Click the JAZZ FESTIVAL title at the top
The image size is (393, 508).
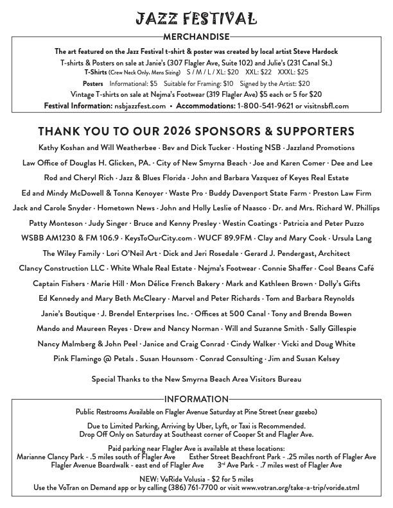point(196,19)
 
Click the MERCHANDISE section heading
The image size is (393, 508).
point(196,37)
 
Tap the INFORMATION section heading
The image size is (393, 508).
point(196,399)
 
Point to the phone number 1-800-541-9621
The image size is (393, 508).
point(265,106)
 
